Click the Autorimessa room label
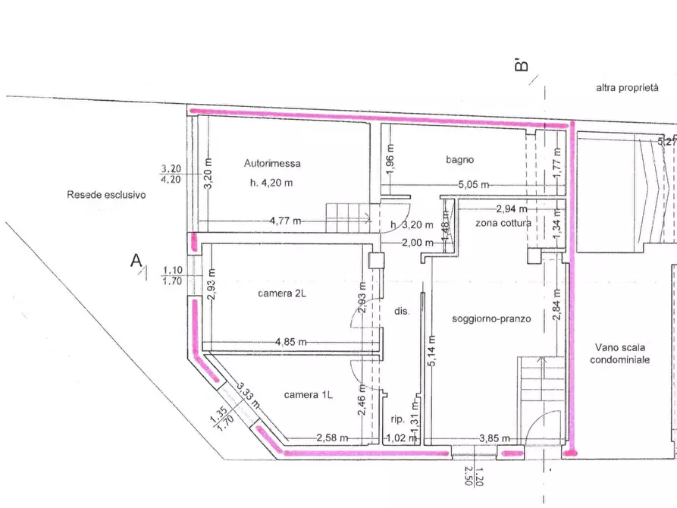[x=272, y=163]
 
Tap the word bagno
[x=460, y=160]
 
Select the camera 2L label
[x=282, y=293]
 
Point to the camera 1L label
[x=309, y=395]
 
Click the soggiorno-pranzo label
[x=491, y=319]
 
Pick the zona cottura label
[x=503, y=224]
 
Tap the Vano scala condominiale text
[x=620, y=353]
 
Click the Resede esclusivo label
[x=106, y=195]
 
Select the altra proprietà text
[x=628, y=88]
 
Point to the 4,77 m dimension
[x=285, y=221]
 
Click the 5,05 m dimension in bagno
[x=474, y=185]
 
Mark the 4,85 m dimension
[x=291, y=342]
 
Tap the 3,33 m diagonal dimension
[x=249, y=396]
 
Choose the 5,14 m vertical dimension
[x=432, y=351]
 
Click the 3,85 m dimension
[x=494, y=438]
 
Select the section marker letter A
[x=136, y=261]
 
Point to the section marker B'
[x=522, y=65]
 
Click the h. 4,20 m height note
[x=271, y=183]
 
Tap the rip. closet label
[x=398, y=419]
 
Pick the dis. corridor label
[x=402, y=311]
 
